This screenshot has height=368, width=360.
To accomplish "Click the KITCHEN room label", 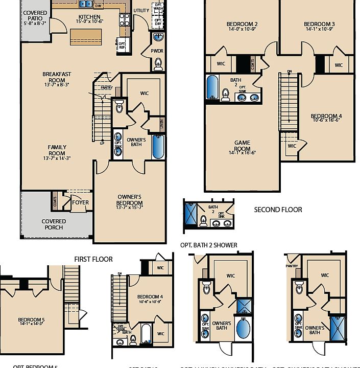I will click(89, 17).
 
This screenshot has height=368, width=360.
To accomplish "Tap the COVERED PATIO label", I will click(35, 16).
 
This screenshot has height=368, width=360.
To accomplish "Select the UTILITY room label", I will click(141, 10).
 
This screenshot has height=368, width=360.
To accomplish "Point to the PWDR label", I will click(157, 51).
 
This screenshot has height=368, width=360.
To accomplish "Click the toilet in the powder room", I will click(158, 63).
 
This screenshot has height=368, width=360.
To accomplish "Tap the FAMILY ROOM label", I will click(57, 150).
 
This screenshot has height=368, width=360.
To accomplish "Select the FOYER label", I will click(80, 202).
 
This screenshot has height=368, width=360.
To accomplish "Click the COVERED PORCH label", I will click(53, 224).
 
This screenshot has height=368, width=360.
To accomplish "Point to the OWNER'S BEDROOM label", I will click(129, 199).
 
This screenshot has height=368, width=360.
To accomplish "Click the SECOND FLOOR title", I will click(278, 210).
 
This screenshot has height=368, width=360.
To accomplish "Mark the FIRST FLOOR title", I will click(93, 259).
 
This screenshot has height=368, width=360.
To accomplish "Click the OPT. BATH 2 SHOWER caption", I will click(208, 245).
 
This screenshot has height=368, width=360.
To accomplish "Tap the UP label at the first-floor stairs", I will click(102, 143).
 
